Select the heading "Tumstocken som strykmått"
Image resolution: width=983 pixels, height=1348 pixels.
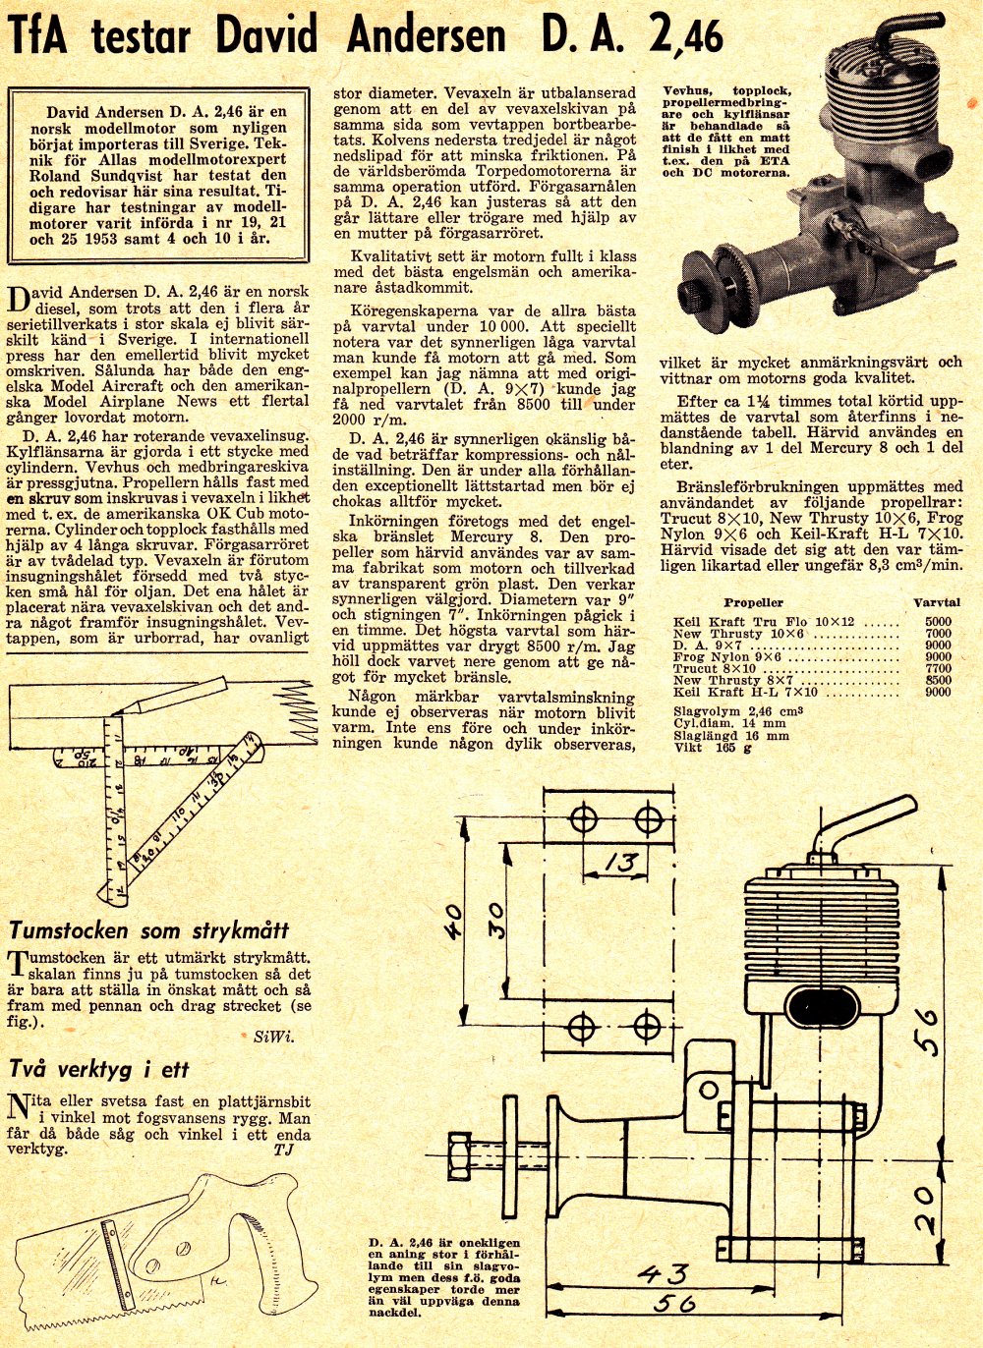(148, 930)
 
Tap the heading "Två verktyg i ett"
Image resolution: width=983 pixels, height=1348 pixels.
(98, 1070)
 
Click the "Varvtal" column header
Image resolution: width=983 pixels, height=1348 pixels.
(935, 602)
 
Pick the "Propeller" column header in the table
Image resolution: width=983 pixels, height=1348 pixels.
(754, 602)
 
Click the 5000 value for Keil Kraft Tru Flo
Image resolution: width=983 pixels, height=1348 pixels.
(938, 622)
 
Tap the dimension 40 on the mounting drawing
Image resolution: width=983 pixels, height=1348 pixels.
(453, 923)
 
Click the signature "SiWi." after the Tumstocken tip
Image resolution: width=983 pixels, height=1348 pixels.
(272, 1036)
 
